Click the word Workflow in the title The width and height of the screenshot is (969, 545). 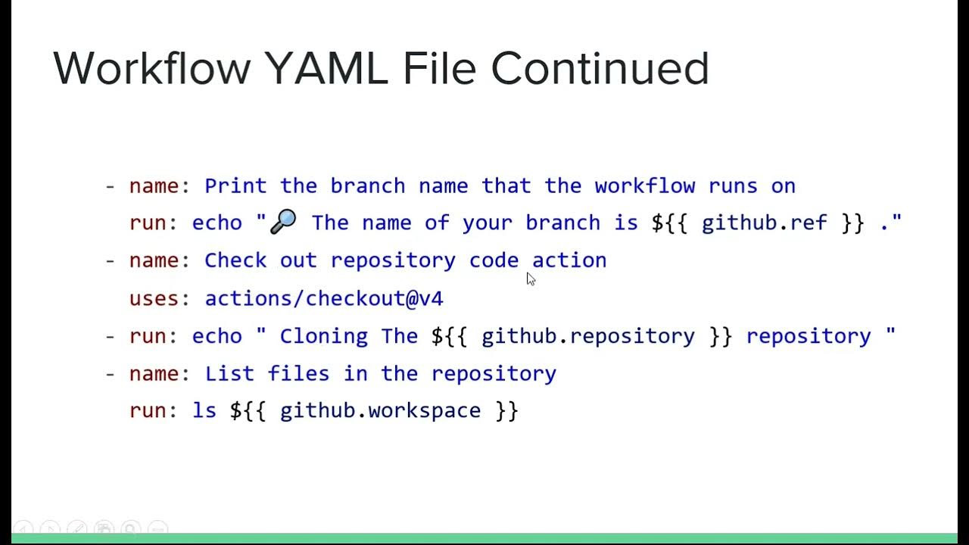click(151, 68)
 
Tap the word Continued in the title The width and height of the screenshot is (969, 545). click(600, 68)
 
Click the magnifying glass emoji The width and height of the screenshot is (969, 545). click(283, 222)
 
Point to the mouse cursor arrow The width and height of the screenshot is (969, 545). click(530, 279)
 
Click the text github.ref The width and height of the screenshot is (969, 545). click(765, 223)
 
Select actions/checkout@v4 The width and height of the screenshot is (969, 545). click(324, 298)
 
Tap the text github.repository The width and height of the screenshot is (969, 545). click(588, 336)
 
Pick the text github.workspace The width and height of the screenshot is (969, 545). click(380, 410)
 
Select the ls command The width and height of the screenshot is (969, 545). click(204, 410)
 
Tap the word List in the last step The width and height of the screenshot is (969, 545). click(229, 373)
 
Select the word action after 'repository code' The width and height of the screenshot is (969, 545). click(569, 260)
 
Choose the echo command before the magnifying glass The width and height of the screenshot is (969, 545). click(217, 223)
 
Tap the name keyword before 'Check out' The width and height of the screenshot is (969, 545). click(154, 260)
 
